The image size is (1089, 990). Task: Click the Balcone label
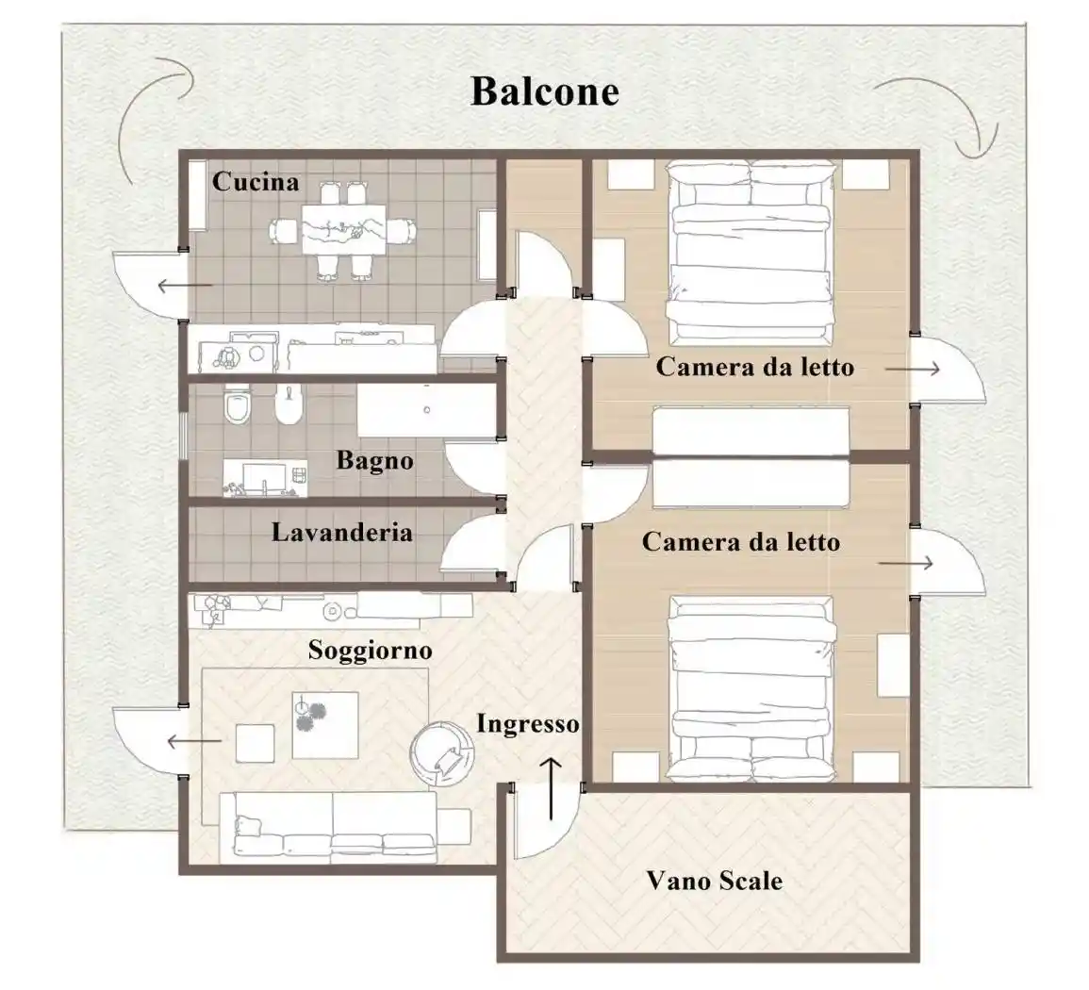[x=544, y=91]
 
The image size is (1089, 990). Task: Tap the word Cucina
[x=255, y=181]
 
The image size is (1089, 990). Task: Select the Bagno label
[x=374, y=461]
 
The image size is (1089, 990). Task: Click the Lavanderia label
[x=341, y=533]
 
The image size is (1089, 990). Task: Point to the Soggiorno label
[x=370, y=651]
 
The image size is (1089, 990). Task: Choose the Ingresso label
[x=527, y=724]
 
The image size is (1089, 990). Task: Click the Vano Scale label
[x=714, y=882]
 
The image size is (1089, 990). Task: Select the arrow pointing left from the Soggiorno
[x=193, y=742]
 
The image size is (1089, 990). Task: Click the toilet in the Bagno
[x=236, y=406]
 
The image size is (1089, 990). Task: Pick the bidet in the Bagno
[x=275, y=406]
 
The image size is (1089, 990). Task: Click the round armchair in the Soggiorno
[x=442, y=751]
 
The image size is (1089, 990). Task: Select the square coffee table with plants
[x=324, y=724]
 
